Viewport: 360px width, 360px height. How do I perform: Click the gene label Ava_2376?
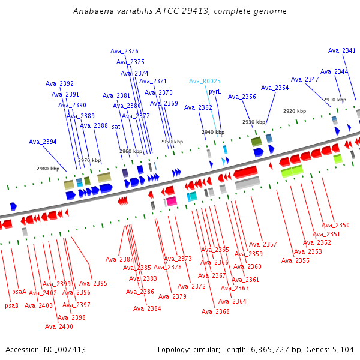[x=124, y=51]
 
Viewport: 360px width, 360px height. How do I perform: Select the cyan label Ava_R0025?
[x=205, y=81]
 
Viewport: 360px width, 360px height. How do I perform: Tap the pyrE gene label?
[x=215, y=92]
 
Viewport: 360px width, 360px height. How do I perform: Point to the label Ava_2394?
[x=43, y=142]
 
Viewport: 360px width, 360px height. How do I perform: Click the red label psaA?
[x=19, y=292]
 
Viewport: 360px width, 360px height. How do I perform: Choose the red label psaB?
[x=12, y=305]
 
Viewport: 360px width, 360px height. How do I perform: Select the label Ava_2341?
[x=342, y=51]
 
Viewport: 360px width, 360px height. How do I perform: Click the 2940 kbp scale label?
[x=213, y=132]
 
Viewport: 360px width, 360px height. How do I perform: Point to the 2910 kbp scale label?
[x=335, y=100]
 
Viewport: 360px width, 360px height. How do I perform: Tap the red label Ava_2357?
[x=263, y=244]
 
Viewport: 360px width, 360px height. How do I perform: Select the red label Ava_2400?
[x=59, y=326]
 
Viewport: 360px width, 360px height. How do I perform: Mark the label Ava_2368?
[x=215, y=311]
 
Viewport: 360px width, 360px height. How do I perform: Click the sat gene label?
[x=116, y=127]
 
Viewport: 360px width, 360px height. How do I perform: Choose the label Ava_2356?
[x=242, y=97]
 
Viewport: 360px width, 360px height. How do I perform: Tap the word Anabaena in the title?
[x=91, y=11]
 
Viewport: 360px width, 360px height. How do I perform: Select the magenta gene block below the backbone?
[x=172, y=200]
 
